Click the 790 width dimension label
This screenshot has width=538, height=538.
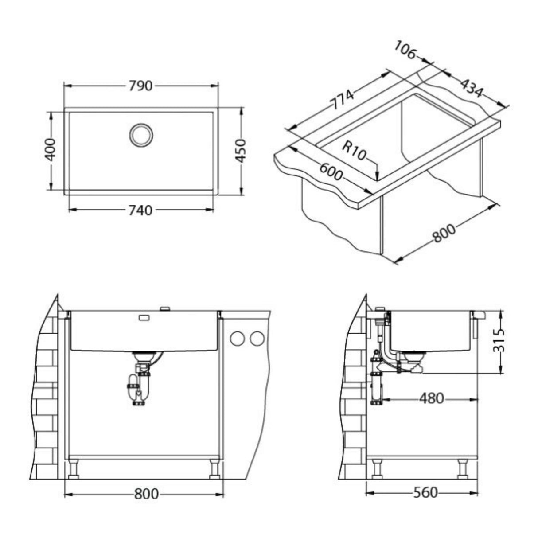pyautogui.click(x=141, y=86)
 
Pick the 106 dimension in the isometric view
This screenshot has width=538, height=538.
pyautogui.click(x=405, y=50)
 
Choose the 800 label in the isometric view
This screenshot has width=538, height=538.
pyautogui.click(x=444, y=234)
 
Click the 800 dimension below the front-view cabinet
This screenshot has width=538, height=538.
pyautogui.click(x=145, y=493)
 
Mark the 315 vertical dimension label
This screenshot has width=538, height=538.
pyautogui.click(x=500, y=341)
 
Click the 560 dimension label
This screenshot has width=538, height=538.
pyautogui.click(x=425, y=492)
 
